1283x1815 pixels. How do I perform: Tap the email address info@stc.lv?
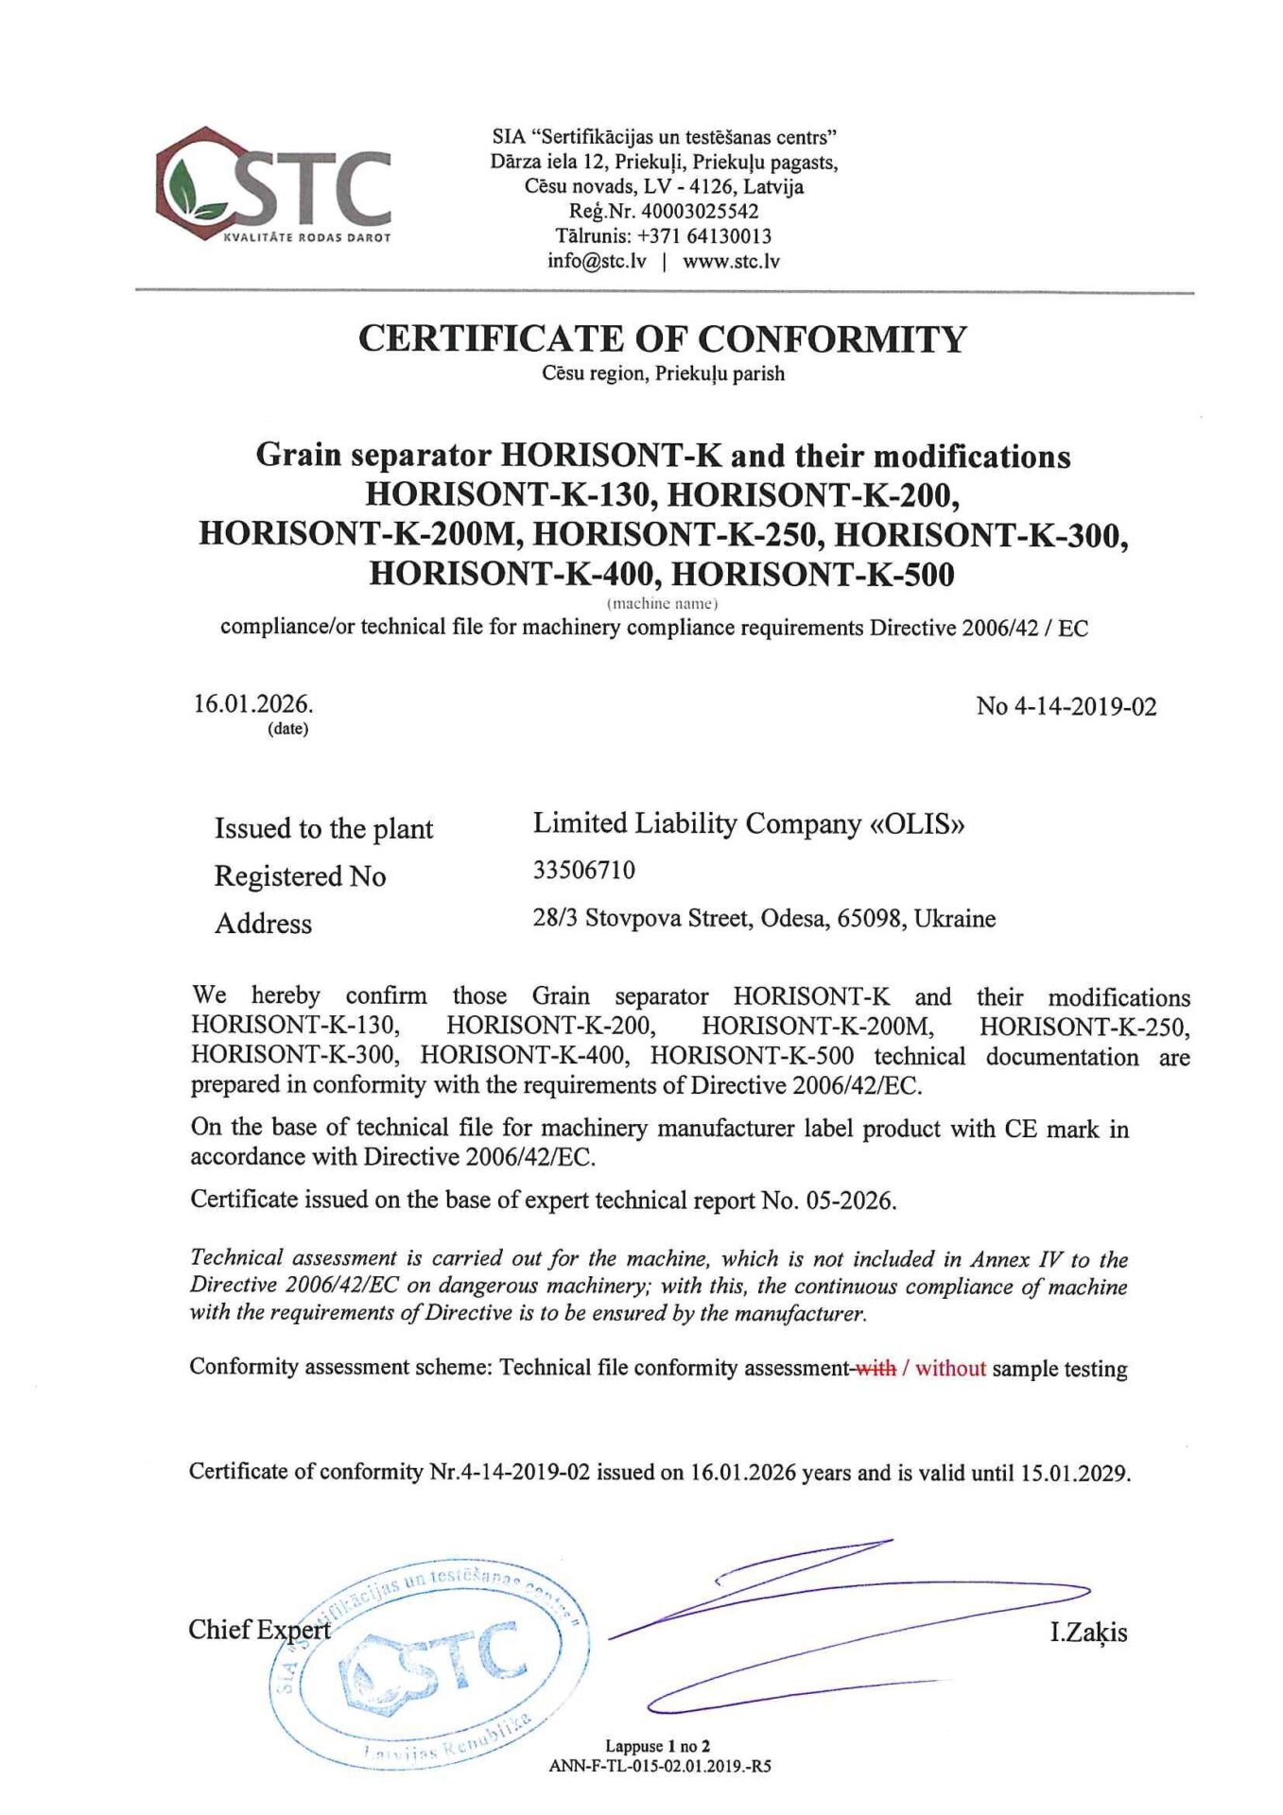597,261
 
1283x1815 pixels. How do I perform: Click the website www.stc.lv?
731,261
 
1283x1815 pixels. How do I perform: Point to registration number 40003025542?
700,212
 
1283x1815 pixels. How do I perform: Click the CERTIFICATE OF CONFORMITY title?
662,338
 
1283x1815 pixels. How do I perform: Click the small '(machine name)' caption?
662,602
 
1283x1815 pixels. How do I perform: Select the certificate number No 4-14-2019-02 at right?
1066,707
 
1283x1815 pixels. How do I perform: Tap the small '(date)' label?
287,729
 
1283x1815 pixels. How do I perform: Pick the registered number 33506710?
583,870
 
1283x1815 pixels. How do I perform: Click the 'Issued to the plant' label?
323,829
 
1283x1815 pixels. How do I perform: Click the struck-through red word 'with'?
876,1368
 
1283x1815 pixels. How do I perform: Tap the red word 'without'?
950,1368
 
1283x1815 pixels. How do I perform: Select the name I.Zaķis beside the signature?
1087,1633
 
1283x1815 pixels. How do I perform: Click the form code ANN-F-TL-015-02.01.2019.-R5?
659,1765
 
